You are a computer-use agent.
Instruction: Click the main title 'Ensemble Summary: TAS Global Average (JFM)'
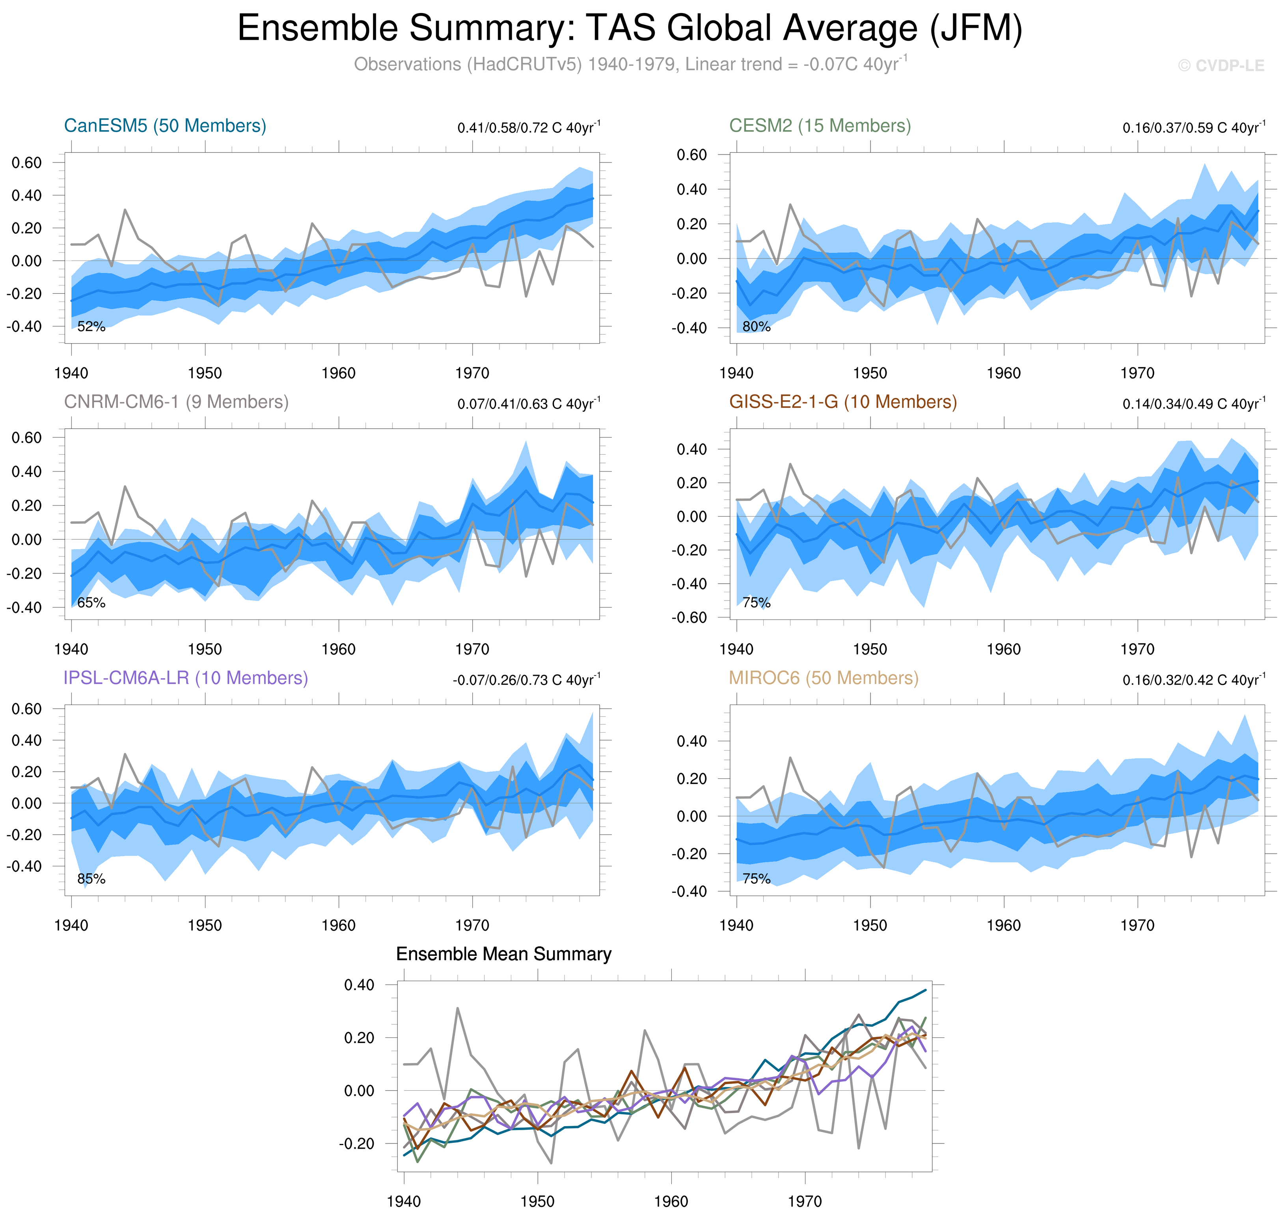pos(629,29)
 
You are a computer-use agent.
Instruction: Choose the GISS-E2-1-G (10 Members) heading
pos(842,402)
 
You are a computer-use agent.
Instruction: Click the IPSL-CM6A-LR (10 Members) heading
pos(185,678)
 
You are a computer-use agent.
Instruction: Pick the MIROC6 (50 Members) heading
pos(823,678)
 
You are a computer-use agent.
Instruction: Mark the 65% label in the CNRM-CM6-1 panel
pos(91,603)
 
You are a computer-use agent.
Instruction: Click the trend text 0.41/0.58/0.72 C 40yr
pos(528,127)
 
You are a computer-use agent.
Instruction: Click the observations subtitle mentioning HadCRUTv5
pos(629,64)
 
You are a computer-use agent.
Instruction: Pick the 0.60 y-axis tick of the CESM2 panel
pos(692,155)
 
